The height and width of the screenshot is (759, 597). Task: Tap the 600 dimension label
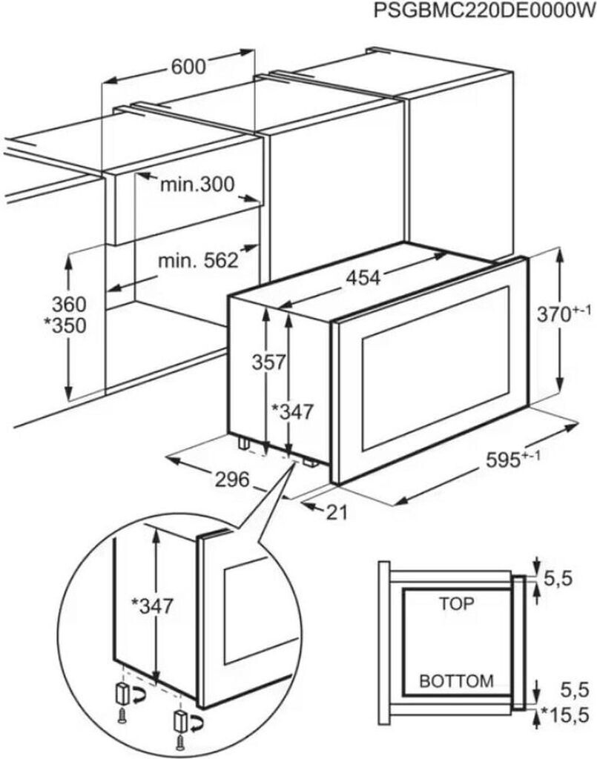click(188, 66)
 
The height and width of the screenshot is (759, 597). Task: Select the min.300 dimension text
click(197, 185)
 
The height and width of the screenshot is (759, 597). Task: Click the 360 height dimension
click(69, 304)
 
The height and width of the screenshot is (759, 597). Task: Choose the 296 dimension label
click(232, 480)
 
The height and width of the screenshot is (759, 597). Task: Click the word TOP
click(456, 603)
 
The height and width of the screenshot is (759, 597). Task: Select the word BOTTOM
click(456, 680)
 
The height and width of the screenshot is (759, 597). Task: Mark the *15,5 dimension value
click(568, 715)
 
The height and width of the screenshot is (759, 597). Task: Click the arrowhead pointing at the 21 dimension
click(308, 506)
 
